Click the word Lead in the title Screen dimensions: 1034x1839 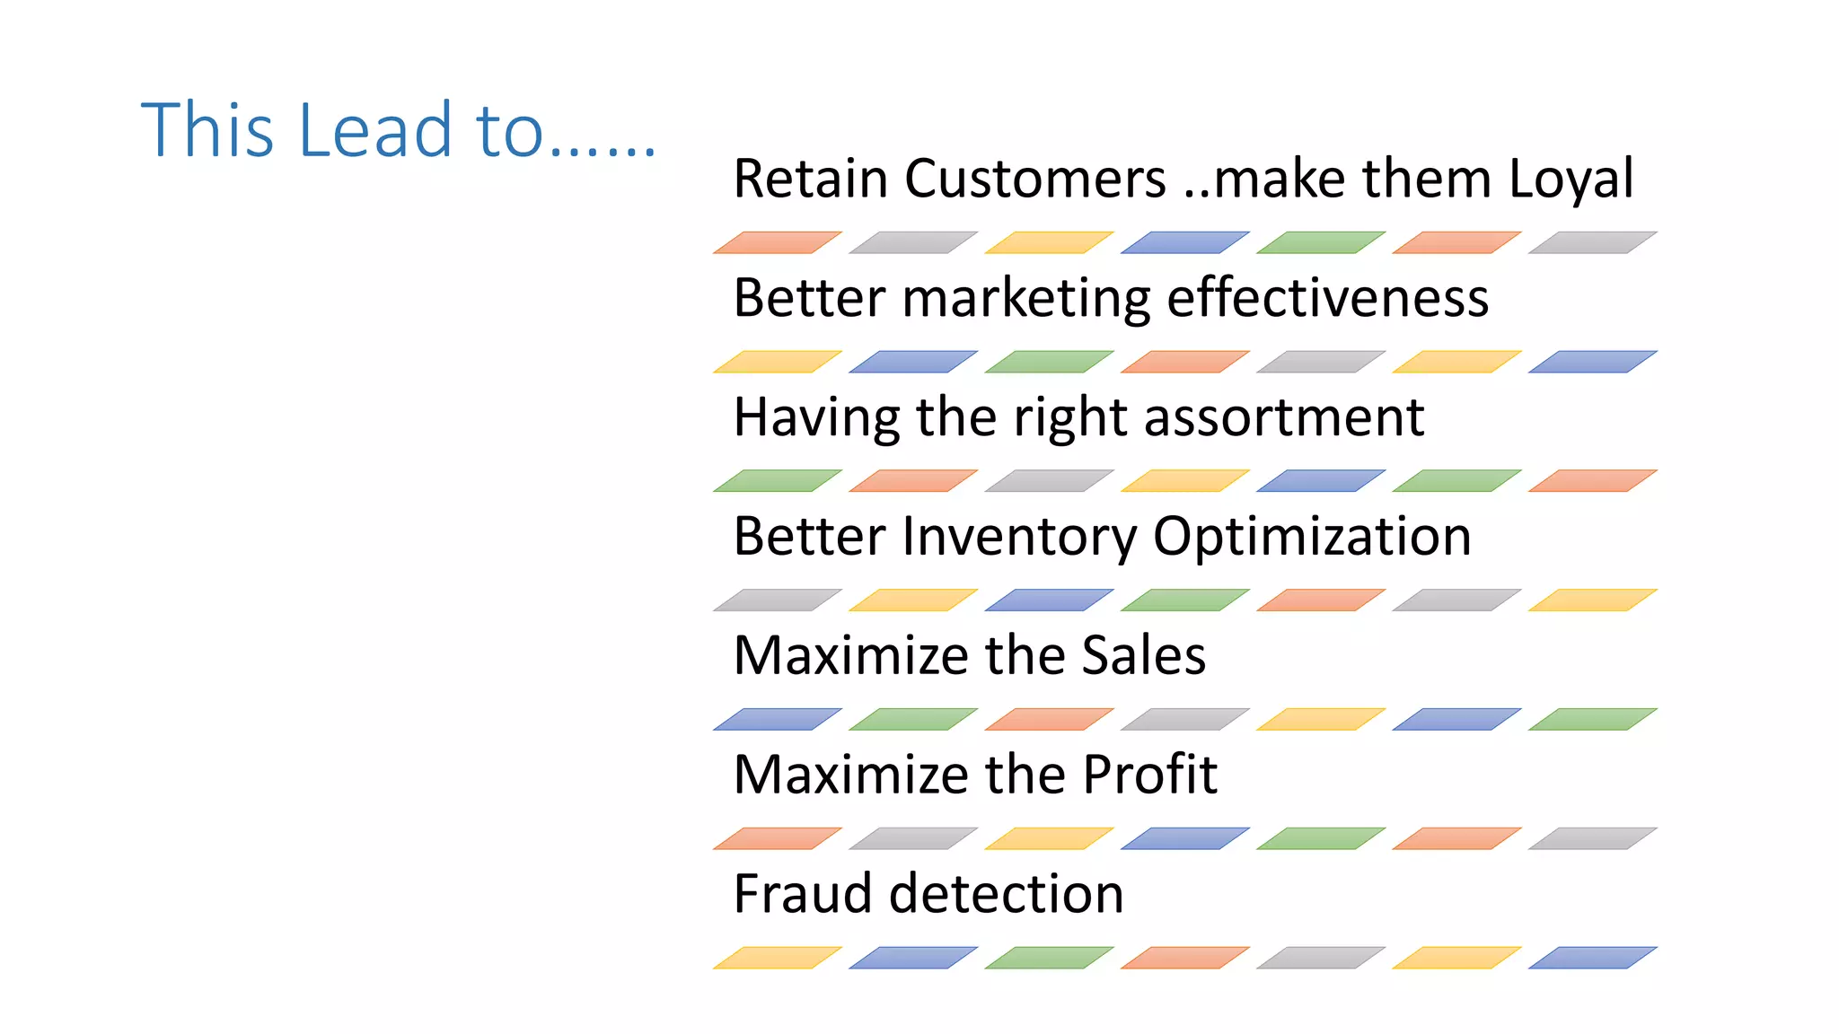374,130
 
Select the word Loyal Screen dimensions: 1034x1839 1571,179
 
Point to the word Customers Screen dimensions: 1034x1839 1034,179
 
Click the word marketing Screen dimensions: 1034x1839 1026,298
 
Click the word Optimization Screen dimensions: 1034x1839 1312,537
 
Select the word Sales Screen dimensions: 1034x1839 1143,655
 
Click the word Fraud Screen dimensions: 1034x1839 802,894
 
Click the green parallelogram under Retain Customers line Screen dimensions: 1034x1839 1320,242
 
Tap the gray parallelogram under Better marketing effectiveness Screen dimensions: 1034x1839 1320,362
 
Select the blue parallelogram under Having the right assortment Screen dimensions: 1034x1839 1320,481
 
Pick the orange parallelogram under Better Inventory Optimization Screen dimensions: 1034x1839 1320,600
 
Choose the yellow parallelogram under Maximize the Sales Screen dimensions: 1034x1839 1320,719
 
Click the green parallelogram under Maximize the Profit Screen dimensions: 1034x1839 1320,838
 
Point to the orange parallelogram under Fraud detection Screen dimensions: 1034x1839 1184,958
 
